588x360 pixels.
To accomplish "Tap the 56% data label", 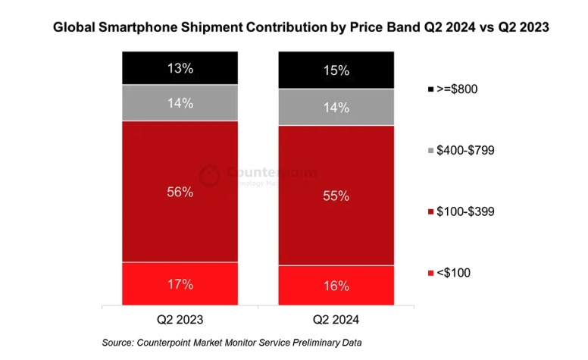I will point(180,193).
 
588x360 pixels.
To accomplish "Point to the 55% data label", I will point(336,196).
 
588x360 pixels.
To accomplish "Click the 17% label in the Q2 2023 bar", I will point(180,284).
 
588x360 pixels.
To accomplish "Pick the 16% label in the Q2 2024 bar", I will point(336,286).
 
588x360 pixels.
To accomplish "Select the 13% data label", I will point(180,68).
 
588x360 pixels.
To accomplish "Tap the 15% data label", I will point(336,70).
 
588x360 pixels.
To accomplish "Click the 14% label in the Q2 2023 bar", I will point(180,102).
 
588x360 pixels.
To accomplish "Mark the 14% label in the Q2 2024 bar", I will point(336,107).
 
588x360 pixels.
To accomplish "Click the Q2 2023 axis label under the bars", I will point(180,319).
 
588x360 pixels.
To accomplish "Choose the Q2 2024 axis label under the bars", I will point(336,319).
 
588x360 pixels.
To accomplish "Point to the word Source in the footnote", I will point(119,343).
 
